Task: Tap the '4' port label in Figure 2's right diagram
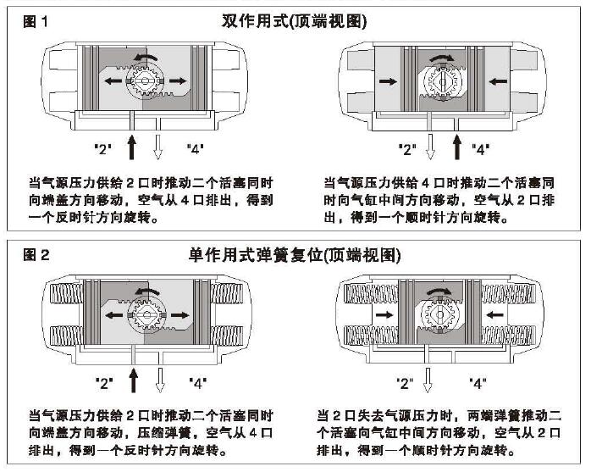(x=480, y=383)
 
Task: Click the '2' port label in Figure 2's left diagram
(x=105, y=382)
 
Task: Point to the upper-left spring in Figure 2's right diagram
(x=368, y=294)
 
